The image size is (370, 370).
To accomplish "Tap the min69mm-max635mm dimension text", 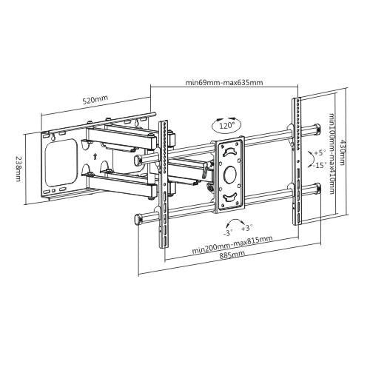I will pyautogui.click(x=223, y=83).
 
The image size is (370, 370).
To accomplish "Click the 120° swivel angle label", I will pyautogui.click(x=226, y=127).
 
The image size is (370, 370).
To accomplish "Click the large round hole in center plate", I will pyautogui.click(x=229, y=176).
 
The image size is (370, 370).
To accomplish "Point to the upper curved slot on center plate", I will pyautogui.click(x=230, y=152).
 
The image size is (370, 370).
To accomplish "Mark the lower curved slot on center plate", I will pyautogui.click(x=230, y=198).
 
